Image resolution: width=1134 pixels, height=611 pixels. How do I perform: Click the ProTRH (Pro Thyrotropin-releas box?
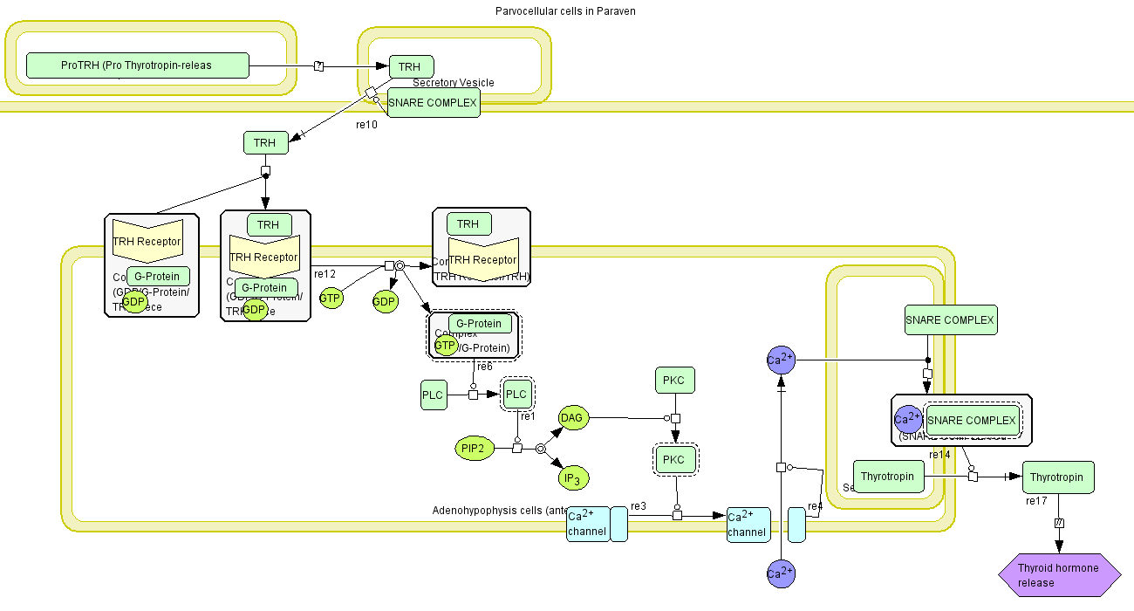click(x=137, y=65)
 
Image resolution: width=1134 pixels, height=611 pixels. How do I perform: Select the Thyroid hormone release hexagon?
click(x=1059, y=575)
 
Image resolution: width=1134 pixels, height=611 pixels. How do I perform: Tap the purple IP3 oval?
click(x=572, y=477)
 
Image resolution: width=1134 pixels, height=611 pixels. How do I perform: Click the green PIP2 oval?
click(x=474, y=449)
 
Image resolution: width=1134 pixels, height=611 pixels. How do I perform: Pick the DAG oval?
click(x=572, y=418)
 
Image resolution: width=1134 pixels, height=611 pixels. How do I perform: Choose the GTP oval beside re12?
click(x=330, y=298)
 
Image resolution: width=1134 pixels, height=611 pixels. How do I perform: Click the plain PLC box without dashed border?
click(x=433, y=395)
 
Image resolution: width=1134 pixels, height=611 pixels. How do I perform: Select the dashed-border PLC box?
click(x=516, y=395)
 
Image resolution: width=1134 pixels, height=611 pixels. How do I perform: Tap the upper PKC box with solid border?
click(x=673, y=381)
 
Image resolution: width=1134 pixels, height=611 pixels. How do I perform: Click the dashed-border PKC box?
click(x=673, y=459)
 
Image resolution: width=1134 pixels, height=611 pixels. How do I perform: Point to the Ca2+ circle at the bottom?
click(x=781, y=573)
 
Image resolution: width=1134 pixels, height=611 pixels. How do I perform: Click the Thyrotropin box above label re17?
click(x=1057, y=477)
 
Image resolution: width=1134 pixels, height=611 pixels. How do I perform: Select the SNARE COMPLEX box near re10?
click(x=433, y=103)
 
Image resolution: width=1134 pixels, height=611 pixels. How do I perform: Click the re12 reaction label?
click(x=325, y=274)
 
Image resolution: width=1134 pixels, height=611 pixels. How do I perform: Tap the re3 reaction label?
click(x=639, y=506)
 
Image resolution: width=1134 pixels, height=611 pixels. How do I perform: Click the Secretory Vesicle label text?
click(x=454, y=83)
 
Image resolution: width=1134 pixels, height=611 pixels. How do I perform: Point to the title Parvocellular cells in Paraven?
click(x=564, y=11)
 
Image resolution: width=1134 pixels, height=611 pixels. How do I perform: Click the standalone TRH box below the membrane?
click(x=264, y=143)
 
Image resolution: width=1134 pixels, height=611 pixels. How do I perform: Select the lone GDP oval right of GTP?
click(x=385, y=302)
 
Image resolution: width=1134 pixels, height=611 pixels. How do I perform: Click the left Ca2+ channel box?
click(x=588, y=525)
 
